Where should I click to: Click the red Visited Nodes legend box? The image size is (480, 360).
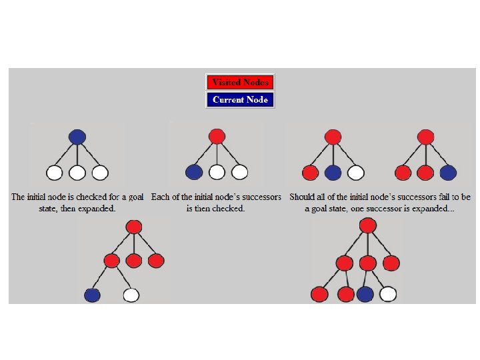point(240,83)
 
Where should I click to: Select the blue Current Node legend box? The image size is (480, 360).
point(240,100)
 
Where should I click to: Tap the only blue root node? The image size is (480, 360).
point(77,137)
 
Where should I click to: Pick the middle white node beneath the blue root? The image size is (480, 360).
point(77,173)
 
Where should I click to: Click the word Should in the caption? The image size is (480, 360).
point(304,197)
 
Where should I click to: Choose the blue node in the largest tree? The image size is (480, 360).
point(365,293)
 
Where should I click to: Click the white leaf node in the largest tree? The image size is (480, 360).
point(388,293)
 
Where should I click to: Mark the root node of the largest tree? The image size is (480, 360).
point(368,225)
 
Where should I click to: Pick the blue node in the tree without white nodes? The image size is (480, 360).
point(448,173)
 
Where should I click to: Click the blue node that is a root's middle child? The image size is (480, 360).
point(333,173)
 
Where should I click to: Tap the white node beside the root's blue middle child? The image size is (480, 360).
point(355,173)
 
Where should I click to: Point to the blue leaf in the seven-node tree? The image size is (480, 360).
point(93,294)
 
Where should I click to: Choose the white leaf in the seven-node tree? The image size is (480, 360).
point(131,294)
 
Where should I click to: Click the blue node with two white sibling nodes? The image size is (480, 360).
point(194,173)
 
